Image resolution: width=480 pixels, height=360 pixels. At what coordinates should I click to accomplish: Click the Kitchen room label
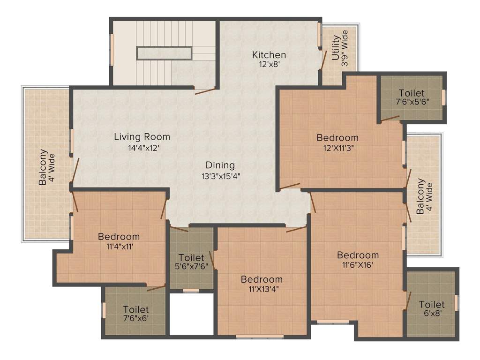[x=269, y=55]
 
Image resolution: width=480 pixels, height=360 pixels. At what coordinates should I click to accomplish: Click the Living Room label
[x=142, y=137]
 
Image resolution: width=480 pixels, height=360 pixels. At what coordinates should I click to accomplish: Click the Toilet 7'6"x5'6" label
[x=412, y=97]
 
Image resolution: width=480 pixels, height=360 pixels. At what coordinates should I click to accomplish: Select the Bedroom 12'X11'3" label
[x=337, y=142]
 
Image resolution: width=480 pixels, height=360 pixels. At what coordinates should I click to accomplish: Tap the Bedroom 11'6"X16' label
[x=358, y=259]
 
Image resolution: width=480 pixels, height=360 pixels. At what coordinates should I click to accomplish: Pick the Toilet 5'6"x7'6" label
[x=191, y=262]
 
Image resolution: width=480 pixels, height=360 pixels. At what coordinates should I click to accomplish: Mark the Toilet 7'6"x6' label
[x=136, y=314]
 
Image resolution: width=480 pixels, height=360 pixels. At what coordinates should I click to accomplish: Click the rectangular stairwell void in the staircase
[x=164, y=53]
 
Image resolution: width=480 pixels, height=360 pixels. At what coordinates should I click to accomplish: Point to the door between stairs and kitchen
[x=205, y=90]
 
